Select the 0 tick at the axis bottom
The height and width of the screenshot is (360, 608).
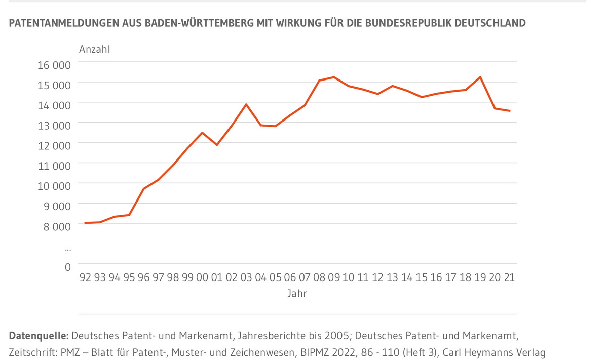(67, 266)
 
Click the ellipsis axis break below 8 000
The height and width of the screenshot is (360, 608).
(68, 248)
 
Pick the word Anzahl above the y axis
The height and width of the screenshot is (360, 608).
(94, 50)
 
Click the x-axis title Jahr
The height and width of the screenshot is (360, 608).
(297, 293)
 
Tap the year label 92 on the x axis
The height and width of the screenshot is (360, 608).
(85, 277)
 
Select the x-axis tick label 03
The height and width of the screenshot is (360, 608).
(246, 277)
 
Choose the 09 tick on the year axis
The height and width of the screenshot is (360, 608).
(334, 277)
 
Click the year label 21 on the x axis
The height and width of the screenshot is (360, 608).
(509, 277)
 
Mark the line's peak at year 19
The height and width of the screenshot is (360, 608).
(480, 77)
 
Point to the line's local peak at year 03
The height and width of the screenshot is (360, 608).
(246, 104)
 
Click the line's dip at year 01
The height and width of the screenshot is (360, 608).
(217, 145)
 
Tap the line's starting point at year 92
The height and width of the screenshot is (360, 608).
(85, 223)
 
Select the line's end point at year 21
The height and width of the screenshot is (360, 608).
(509, 111)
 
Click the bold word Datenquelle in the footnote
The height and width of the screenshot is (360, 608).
(39, 335)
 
